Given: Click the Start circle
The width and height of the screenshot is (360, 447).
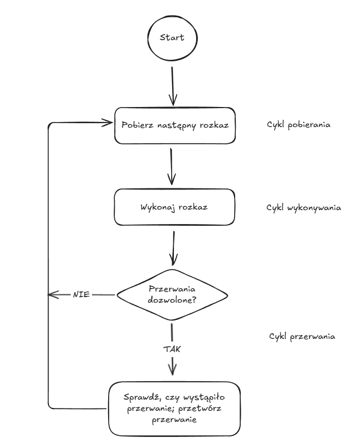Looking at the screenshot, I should point(172,38).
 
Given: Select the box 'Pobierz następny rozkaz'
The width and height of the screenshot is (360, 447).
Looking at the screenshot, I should point(172,125).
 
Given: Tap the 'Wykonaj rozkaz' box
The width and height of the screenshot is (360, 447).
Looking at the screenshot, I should point(172,207).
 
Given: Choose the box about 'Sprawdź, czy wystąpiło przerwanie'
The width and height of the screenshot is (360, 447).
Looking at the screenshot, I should point(174,409).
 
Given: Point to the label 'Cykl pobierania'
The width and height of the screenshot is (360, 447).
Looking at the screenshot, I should point(299,124).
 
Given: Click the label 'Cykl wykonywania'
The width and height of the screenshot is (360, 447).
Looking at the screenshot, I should point(304,207).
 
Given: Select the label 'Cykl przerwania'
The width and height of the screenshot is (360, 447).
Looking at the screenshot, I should point(301,337).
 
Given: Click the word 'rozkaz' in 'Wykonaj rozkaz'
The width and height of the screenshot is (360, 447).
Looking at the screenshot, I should point(193,207).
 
